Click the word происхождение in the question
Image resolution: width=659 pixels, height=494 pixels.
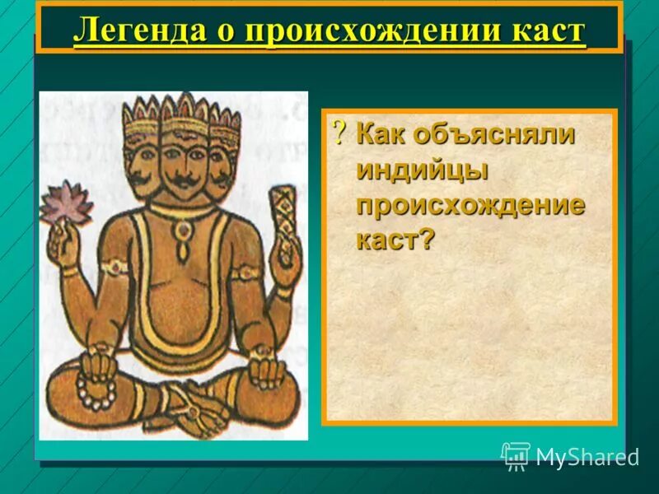click(470, 205)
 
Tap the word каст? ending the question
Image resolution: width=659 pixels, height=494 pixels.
click(395, 239)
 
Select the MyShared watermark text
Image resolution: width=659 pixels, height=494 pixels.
click(587, 458)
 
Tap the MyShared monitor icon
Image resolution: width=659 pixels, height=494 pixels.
click(516, 455)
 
